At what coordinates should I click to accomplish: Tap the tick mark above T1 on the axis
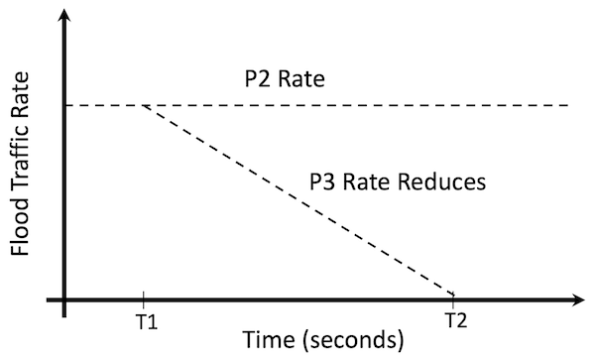click(144, 298)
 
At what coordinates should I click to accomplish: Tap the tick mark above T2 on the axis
click(454, 298)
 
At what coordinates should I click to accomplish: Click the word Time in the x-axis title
click(250, 340)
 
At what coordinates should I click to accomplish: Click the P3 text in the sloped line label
click(324, 182)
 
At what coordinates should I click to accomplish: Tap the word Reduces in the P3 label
click(441, 182)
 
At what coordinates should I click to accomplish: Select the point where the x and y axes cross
click(64, 298)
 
